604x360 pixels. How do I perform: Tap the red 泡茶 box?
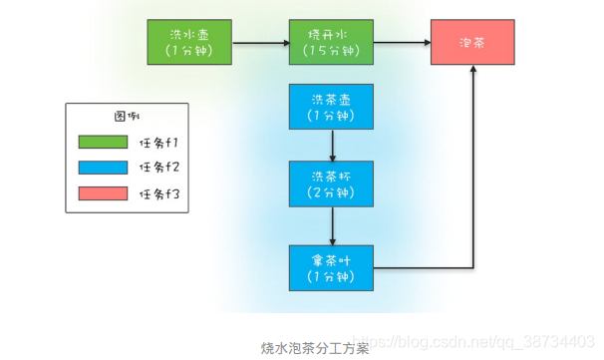pos(472,42)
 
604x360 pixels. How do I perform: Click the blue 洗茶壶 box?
pos(331,107)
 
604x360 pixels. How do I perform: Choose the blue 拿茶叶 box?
pos(331,266)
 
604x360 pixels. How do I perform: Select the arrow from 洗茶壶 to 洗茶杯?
pos(331,145)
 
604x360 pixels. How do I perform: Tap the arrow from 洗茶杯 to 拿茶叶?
pos(331,225)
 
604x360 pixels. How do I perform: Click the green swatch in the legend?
pos(103,141)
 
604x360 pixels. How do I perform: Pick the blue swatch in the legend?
pos(103,167)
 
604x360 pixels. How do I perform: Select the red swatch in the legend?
pos(103,192)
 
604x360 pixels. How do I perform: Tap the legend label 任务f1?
pos(160,141)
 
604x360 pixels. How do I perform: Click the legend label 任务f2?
pos(160,167)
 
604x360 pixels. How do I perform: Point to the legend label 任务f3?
pos(160,192)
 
